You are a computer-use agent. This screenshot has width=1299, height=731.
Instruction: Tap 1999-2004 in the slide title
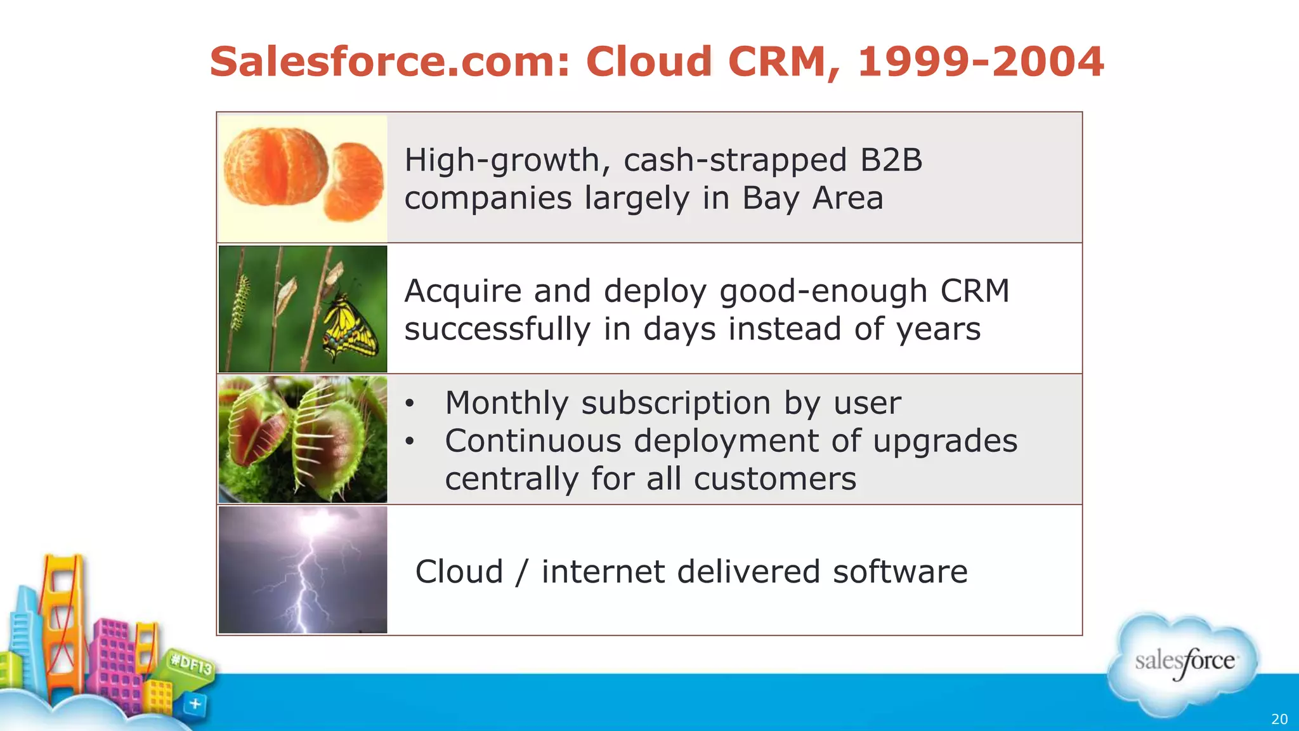(981, 62)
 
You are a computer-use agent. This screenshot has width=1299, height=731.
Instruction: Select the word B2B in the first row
(891, 160)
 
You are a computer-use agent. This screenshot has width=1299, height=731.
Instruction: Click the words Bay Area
(813, 198)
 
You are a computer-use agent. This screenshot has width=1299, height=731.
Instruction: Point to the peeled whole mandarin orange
(276, 166)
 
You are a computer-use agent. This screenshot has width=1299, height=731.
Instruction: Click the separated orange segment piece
(356, 181)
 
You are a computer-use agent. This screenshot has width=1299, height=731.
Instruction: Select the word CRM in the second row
(974, 291)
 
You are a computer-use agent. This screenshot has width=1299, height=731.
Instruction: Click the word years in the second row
(938, 329)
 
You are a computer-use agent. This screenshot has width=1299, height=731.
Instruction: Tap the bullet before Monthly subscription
(410, 404)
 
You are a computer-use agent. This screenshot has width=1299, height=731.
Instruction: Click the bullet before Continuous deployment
(410, 441)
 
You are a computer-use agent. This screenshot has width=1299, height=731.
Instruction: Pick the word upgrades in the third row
(945, 441)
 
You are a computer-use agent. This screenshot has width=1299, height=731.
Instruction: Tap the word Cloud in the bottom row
(459, 572)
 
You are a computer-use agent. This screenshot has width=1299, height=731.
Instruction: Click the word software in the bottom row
(900, 572)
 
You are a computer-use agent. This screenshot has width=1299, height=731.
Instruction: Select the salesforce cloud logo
(1184, 663)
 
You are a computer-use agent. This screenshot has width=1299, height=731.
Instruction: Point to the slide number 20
(1279, 719)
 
